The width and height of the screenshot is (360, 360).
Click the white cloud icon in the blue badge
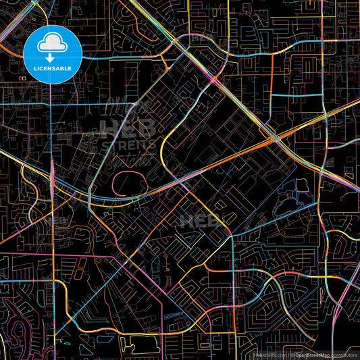click(x=52, y=45)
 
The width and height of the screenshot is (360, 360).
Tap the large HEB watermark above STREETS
click(x=128, y=128)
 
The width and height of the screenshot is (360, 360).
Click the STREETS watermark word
click(x=128, y=144)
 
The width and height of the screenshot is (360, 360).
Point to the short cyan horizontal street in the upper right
click(x=287, y=95)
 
